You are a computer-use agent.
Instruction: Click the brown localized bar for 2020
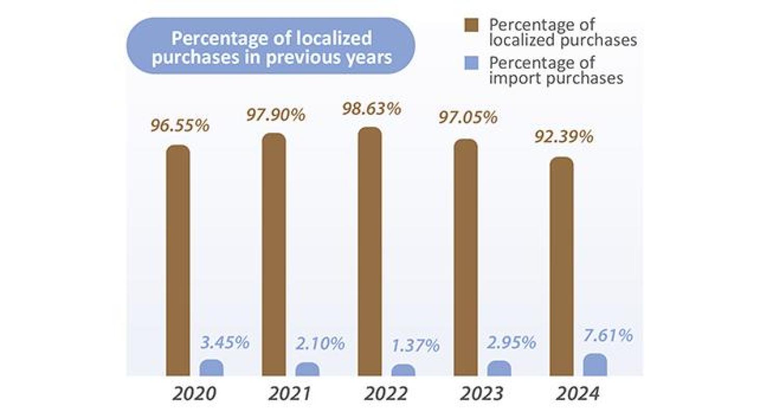(x=178, y=260)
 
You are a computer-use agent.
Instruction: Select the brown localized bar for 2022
(x=370, y=251)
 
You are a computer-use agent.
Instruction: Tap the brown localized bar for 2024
(x=561, y=266)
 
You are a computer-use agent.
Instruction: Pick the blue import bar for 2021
(x=307, y=369)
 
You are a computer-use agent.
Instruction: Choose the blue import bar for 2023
(x=499, y=368)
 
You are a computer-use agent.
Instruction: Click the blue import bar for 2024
(x=595, y=365)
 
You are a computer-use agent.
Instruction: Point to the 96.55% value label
(x=180, y=126)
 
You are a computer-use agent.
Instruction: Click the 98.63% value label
(x=371, y=109)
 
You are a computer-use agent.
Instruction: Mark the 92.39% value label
(x=564, y=137)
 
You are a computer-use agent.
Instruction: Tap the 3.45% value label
(x=225, y=343)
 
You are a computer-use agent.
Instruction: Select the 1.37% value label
(x=415, y=345)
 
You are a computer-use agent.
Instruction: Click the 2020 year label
(x=194, y=394)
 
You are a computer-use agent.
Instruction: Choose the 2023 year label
(x=481, y=394)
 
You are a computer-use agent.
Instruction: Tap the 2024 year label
(x=578, y=394)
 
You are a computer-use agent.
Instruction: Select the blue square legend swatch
(x=471, y=63)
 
